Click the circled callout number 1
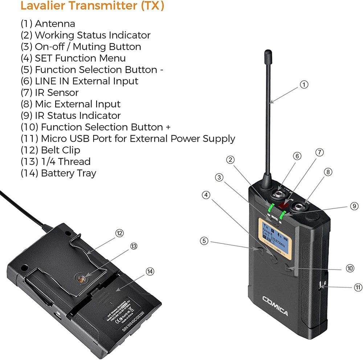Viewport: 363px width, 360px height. [304, 85]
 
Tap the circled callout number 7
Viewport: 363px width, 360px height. [319, 153]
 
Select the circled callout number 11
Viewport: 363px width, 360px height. [358, 287]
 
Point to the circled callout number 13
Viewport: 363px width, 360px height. [134, 246]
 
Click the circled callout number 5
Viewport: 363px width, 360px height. [204, 240]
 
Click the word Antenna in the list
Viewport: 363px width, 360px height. [55, 24]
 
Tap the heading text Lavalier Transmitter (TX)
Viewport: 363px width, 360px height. [93, 6]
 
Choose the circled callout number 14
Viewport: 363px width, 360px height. [150, 271]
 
